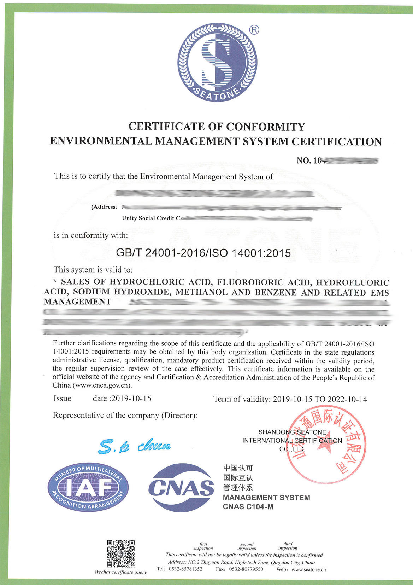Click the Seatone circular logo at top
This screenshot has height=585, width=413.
click(x=217, y=62)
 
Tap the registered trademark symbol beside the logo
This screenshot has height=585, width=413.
click(x=254, y=30)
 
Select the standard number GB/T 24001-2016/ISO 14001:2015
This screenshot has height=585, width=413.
click(x=203, y=253)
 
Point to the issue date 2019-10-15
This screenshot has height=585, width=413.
click(x=131, y=398)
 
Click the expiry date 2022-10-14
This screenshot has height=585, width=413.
click(x=347, y=399)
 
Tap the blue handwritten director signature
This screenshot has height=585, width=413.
click(x=134, y=447)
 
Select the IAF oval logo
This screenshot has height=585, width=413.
click(x=88, y=487)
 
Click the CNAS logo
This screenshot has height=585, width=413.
click(x=181, y=487)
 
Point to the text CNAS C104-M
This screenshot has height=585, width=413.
click(x=248, y=507)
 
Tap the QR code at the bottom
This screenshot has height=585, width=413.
click(x=121, y=554)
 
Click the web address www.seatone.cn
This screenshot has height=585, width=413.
click(x=308, y=569)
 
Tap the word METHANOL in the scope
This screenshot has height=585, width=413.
click(x=201, y=292)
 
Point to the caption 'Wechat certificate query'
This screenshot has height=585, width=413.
click(x=121, y=572)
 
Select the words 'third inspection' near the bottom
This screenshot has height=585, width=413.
click(x=288, y=546)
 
